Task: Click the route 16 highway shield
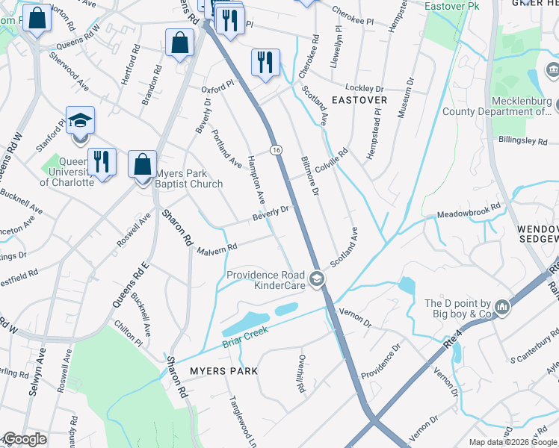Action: tap(277, 150)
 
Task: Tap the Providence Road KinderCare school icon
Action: tap(317, 280)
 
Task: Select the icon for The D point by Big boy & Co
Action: tap(501, 307)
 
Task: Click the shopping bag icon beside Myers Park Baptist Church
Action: tap(142, 164)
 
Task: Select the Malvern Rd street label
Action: tap(217, 249)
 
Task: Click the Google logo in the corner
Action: tap(25, 439)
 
